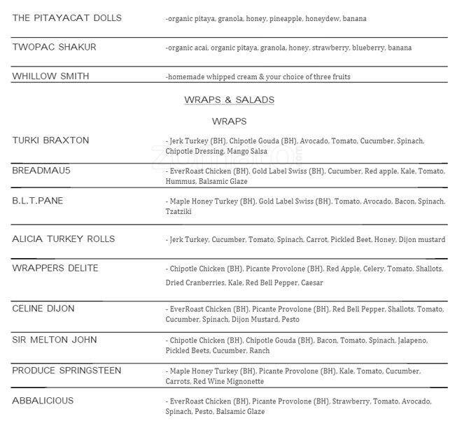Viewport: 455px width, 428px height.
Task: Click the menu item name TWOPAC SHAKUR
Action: tap(54, 47)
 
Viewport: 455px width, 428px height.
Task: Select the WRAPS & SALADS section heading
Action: tap(229, 100)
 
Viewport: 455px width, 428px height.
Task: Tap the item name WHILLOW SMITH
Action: tap(50, 76)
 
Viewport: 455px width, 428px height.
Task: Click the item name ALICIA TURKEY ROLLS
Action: tap(63, 239)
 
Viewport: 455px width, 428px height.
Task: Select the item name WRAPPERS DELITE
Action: tap(55, 269)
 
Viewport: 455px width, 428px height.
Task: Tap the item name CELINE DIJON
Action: tap(43, 308)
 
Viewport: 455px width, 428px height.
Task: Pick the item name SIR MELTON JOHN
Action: tap(55, 340)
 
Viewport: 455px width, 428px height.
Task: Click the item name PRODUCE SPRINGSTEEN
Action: tap(66, 370)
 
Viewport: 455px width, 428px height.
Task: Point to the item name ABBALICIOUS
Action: tap(43, 401)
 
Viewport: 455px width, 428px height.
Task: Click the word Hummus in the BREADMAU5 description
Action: tap(181, 181)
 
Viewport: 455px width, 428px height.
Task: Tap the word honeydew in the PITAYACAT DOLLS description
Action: tap(323, 18)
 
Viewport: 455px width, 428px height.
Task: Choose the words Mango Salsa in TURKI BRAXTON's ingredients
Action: tap(249, 151)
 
